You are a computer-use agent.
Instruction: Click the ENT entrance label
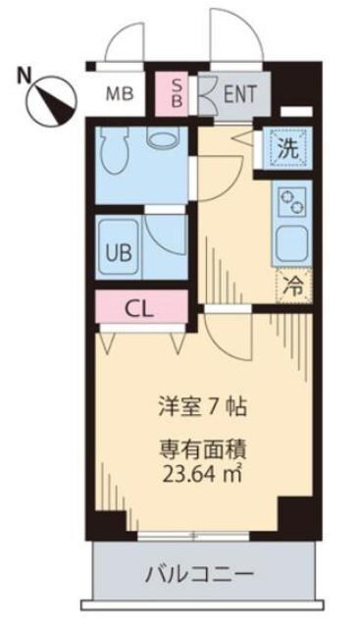(x=238, y=95)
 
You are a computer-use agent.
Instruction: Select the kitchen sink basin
(x=291, y=239)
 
